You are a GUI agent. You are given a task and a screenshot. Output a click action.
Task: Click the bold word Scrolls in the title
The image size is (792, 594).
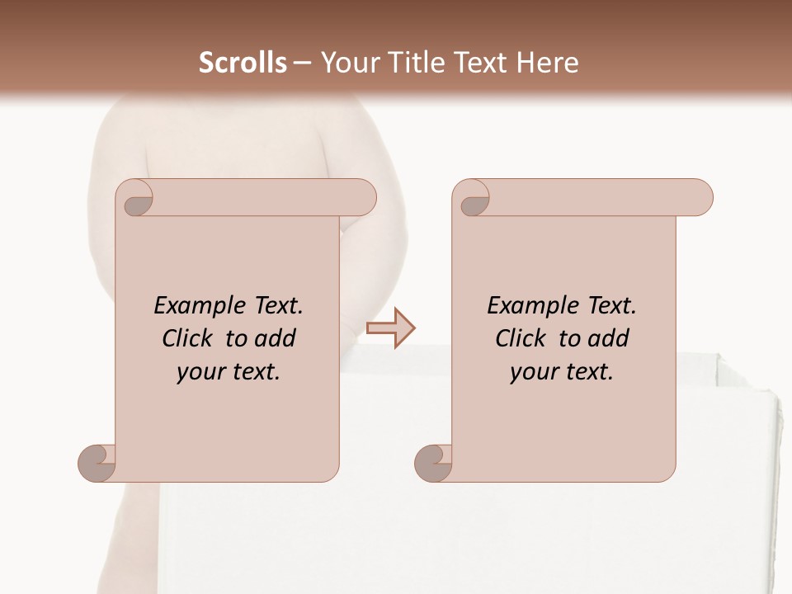point(243,63)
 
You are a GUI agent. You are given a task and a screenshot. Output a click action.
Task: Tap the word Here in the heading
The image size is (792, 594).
point(547,63)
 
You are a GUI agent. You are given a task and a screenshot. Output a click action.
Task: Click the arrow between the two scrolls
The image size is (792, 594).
point(390,328)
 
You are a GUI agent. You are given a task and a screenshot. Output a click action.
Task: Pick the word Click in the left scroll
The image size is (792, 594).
point(190,339)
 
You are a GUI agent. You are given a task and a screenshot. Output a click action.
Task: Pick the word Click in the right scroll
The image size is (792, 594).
point(523,339)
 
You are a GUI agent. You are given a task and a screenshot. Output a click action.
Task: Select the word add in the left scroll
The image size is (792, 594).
point(276,339)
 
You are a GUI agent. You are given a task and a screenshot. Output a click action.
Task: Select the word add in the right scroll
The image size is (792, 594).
point(610,339)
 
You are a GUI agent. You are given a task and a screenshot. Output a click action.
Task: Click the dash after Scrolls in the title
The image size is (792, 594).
point(302,63)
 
